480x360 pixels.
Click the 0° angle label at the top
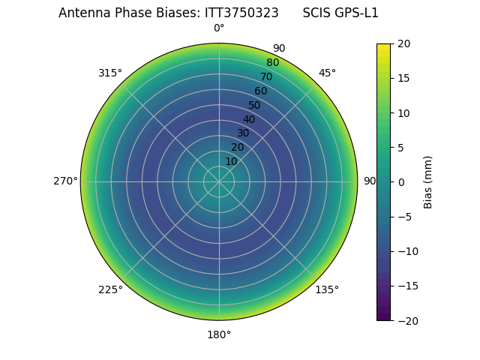click(219, 28)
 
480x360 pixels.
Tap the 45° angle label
click(327, 73)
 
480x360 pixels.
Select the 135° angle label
click(327, 289)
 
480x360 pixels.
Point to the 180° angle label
click(219, 334)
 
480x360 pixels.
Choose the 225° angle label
click(110, 289)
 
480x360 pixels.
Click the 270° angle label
click(65, 181)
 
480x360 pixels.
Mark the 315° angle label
click(110, 73)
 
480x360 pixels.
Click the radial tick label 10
click(231, 162)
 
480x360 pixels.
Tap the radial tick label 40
click(249, 120)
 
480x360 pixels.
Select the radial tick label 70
click(266, 77)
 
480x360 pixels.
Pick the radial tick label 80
click(272, 63)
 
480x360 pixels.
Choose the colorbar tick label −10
click(406, 251)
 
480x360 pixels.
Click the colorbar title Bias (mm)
click(428, 182)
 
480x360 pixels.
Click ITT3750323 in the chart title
click(241, 13)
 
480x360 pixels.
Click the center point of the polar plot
click(219, 181)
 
